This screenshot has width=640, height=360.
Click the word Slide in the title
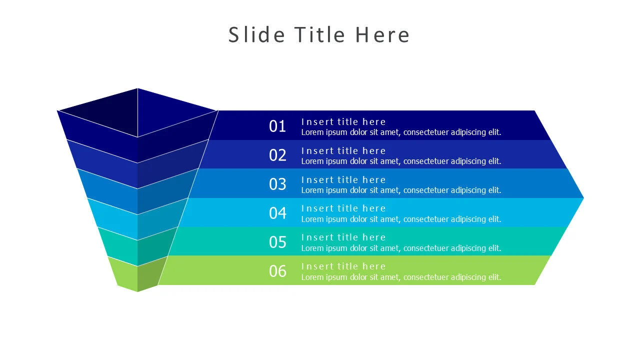tap(256, 34)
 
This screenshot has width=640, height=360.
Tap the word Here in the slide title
tap(382, 35)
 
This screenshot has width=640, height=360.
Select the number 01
tap(277, 126)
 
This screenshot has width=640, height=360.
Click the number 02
tap(277, 155)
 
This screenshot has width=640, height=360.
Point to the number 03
tap(277, 184)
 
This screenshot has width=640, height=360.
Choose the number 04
tap(277, 213)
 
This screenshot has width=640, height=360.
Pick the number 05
tap(277, 242)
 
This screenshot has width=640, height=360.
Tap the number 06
tap(277, 271)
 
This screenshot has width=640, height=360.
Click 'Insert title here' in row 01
tap(343, 121)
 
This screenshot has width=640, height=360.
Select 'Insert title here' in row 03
tap(343, 179)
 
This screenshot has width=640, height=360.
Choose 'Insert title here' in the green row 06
tap(343, 266)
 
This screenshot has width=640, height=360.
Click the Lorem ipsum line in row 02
tap(401, 161)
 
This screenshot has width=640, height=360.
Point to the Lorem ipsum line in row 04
tap(401, 219)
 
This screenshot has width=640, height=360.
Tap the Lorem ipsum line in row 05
tap(401, 248)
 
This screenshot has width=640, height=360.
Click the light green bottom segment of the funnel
tap(137, 274)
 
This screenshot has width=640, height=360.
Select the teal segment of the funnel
tap(137, 246)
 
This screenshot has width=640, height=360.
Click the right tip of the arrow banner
tap(583, 197)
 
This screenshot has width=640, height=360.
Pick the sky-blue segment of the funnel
tap(137, 219)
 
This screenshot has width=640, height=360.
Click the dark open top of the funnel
tap(137, 112)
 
